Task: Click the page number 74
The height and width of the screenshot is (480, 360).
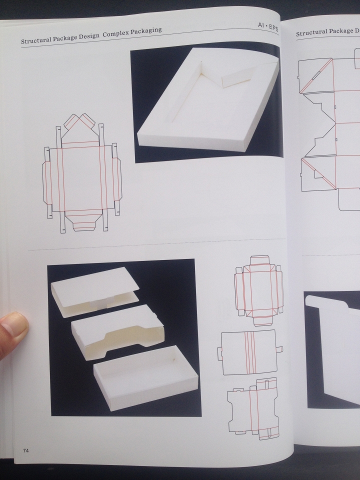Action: coord(25,450)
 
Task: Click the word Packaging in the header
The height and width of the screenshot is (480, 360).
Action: coord(147,30)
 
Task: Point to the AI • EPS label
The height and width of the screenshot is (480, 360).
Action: coord(268,26)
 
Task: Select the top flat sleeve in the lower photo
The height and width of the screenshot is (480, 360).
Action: coord(95,292)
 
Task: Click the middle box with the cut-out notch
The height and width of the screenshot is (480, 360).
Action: coord(118,332)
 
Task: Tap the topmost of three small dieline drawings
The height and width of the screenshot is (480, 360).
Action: coord(259,290)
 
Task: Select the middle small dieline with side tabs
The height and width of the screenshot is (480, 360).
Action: coord(250,352)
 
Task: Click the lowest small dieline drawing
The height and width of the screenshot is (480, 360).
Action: coord(253,408)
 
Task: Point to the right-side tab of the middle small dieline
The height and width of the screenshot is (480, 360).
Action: coord(279,349)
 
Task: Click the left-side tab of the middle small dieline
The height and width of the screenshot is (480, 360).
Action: coord(220,352)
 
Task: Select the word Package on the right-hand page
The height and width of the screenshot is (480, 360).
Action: coord(339,31)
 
